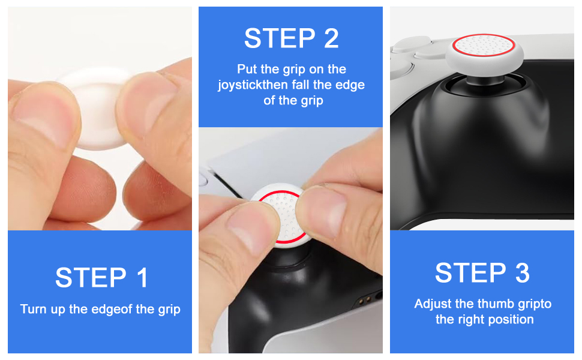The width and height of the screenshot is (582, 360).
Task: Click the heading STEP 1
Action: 101,278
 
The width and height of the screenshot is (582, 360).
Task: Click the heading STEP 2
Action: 291,38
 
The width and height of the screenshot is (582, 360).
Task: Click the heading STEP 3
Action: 482,273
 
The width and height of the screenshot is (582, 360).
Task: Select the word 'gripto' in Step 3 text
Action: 533,304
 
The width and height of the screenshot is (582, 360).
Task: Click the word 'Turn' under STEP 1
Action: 34,310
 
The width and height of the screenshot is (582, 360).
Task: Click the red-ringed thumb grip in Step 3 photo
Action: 484,51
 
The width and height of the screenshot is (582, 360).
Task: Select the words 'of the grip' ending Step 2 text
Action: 293,100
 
